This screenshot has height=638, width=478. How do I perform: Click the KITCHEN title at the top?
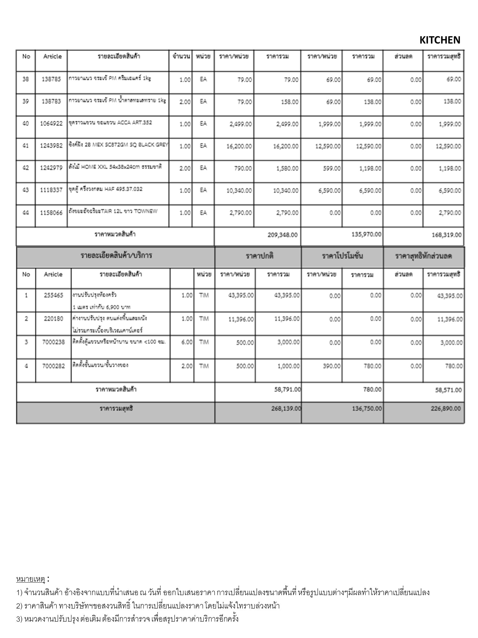pyautogui.click(x=439, y=40)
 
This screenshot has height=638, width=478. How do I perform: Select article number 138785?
pyautogui.click(x=51, y=79)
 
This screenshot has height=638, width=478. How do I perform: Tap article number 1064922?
pyautogui.click(x=51, y=123)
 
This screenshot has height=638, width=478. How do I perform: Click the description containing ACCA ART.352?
pyautogui.click(x=110, y=122)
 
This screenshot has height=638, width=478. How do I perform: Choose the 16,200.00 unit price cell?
pyautogui.click(x=239, y=146)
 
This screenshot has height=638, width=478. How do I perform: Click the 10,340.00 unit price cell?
pyautogui.click(x=239, y=190)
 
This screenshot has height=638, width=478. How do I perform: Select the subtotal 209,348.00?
pyautogui.click(x=282, y=235)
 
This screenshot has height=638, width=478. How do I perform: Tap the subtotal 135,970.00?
pyautogui.click(x=366, y=234)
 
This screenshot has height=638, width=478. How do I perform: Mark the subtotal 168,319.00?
pyautogui.click(x=446, y=235)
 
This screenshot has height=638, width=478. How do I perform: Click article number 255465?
pyautogui.click(x=53, y=295)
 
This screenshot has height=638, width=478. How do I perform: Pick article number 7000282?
pyautogui.click(x=54, y=366)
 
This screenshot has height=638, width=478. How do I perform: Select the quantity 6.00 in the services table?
pyautogui.click(x=187, y=342)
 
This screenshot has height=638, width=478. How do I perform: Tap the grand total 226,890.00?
pyautogui.click(x=446, y=408)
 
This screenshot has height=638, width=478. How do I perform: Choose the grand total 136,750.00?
pyautogui.click(x=366, y=409)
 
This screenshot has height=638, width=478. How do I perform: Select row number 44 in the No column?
pyautogui.click(x=26, y=212)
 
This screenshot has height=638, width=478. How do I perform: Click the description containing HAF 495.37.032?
pyautogui.click(x=106, y=189)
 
